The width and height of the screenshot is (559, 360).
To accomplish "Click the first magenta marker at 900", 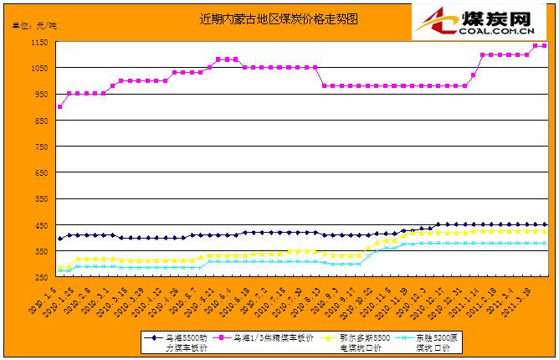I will pos(59,107).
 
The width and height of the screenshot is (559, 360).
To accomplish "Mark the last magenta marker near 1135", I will pos(545,45).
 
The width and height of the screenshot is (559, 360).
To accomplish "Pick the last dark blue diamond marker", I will pos(545,224).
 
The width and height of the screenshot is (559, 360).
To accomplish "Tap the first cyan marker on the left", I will pos(59,270).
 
